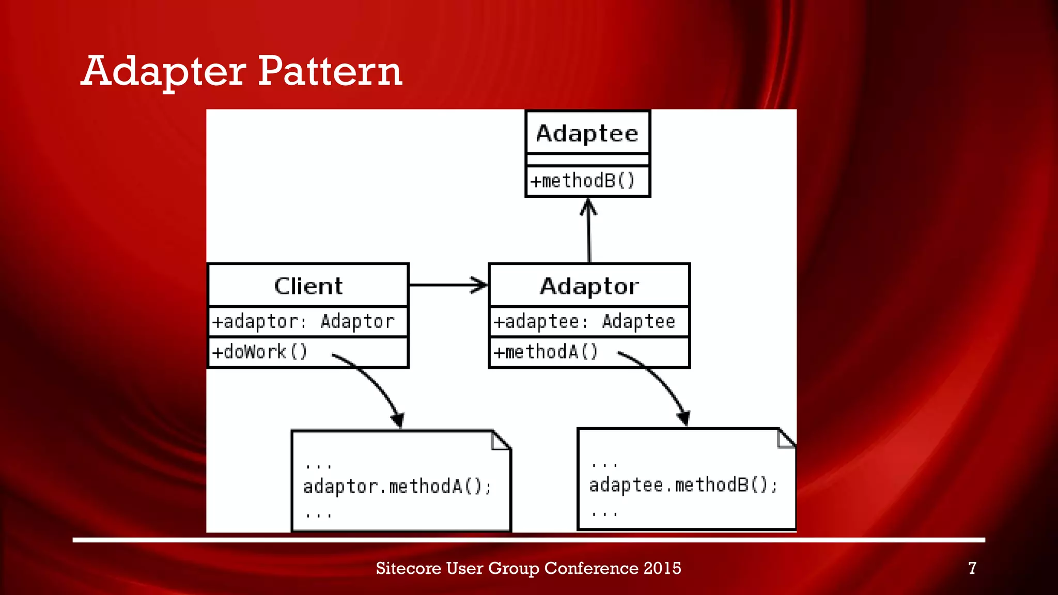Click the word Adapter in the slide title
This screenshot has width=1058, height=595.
164,71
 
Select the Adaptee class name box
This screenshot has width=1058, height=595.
587,133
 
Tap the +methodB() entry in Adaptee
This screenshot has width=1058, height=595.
583,181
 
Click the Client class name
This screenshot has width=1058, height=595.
308,286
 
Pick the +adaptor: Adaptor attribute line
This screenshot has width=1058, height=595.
304,322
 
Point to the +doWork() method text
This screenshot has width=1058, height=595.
260,352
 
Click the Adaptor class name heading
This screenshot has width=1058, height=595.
589,286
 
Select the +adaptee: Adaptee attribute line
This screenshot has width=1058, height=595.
584,322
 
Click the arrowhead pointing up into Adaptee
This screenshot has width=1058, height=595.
588,206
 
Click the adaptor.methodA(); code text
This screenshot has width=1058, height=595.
397,487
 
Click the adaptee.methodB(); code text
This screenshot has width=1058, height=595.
683,485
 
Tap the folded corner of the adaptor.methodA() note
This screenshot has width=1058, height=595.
500,441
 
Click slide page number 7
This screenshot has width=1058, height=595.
972,568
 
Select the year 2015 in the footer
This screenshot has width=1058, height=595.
662,568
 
